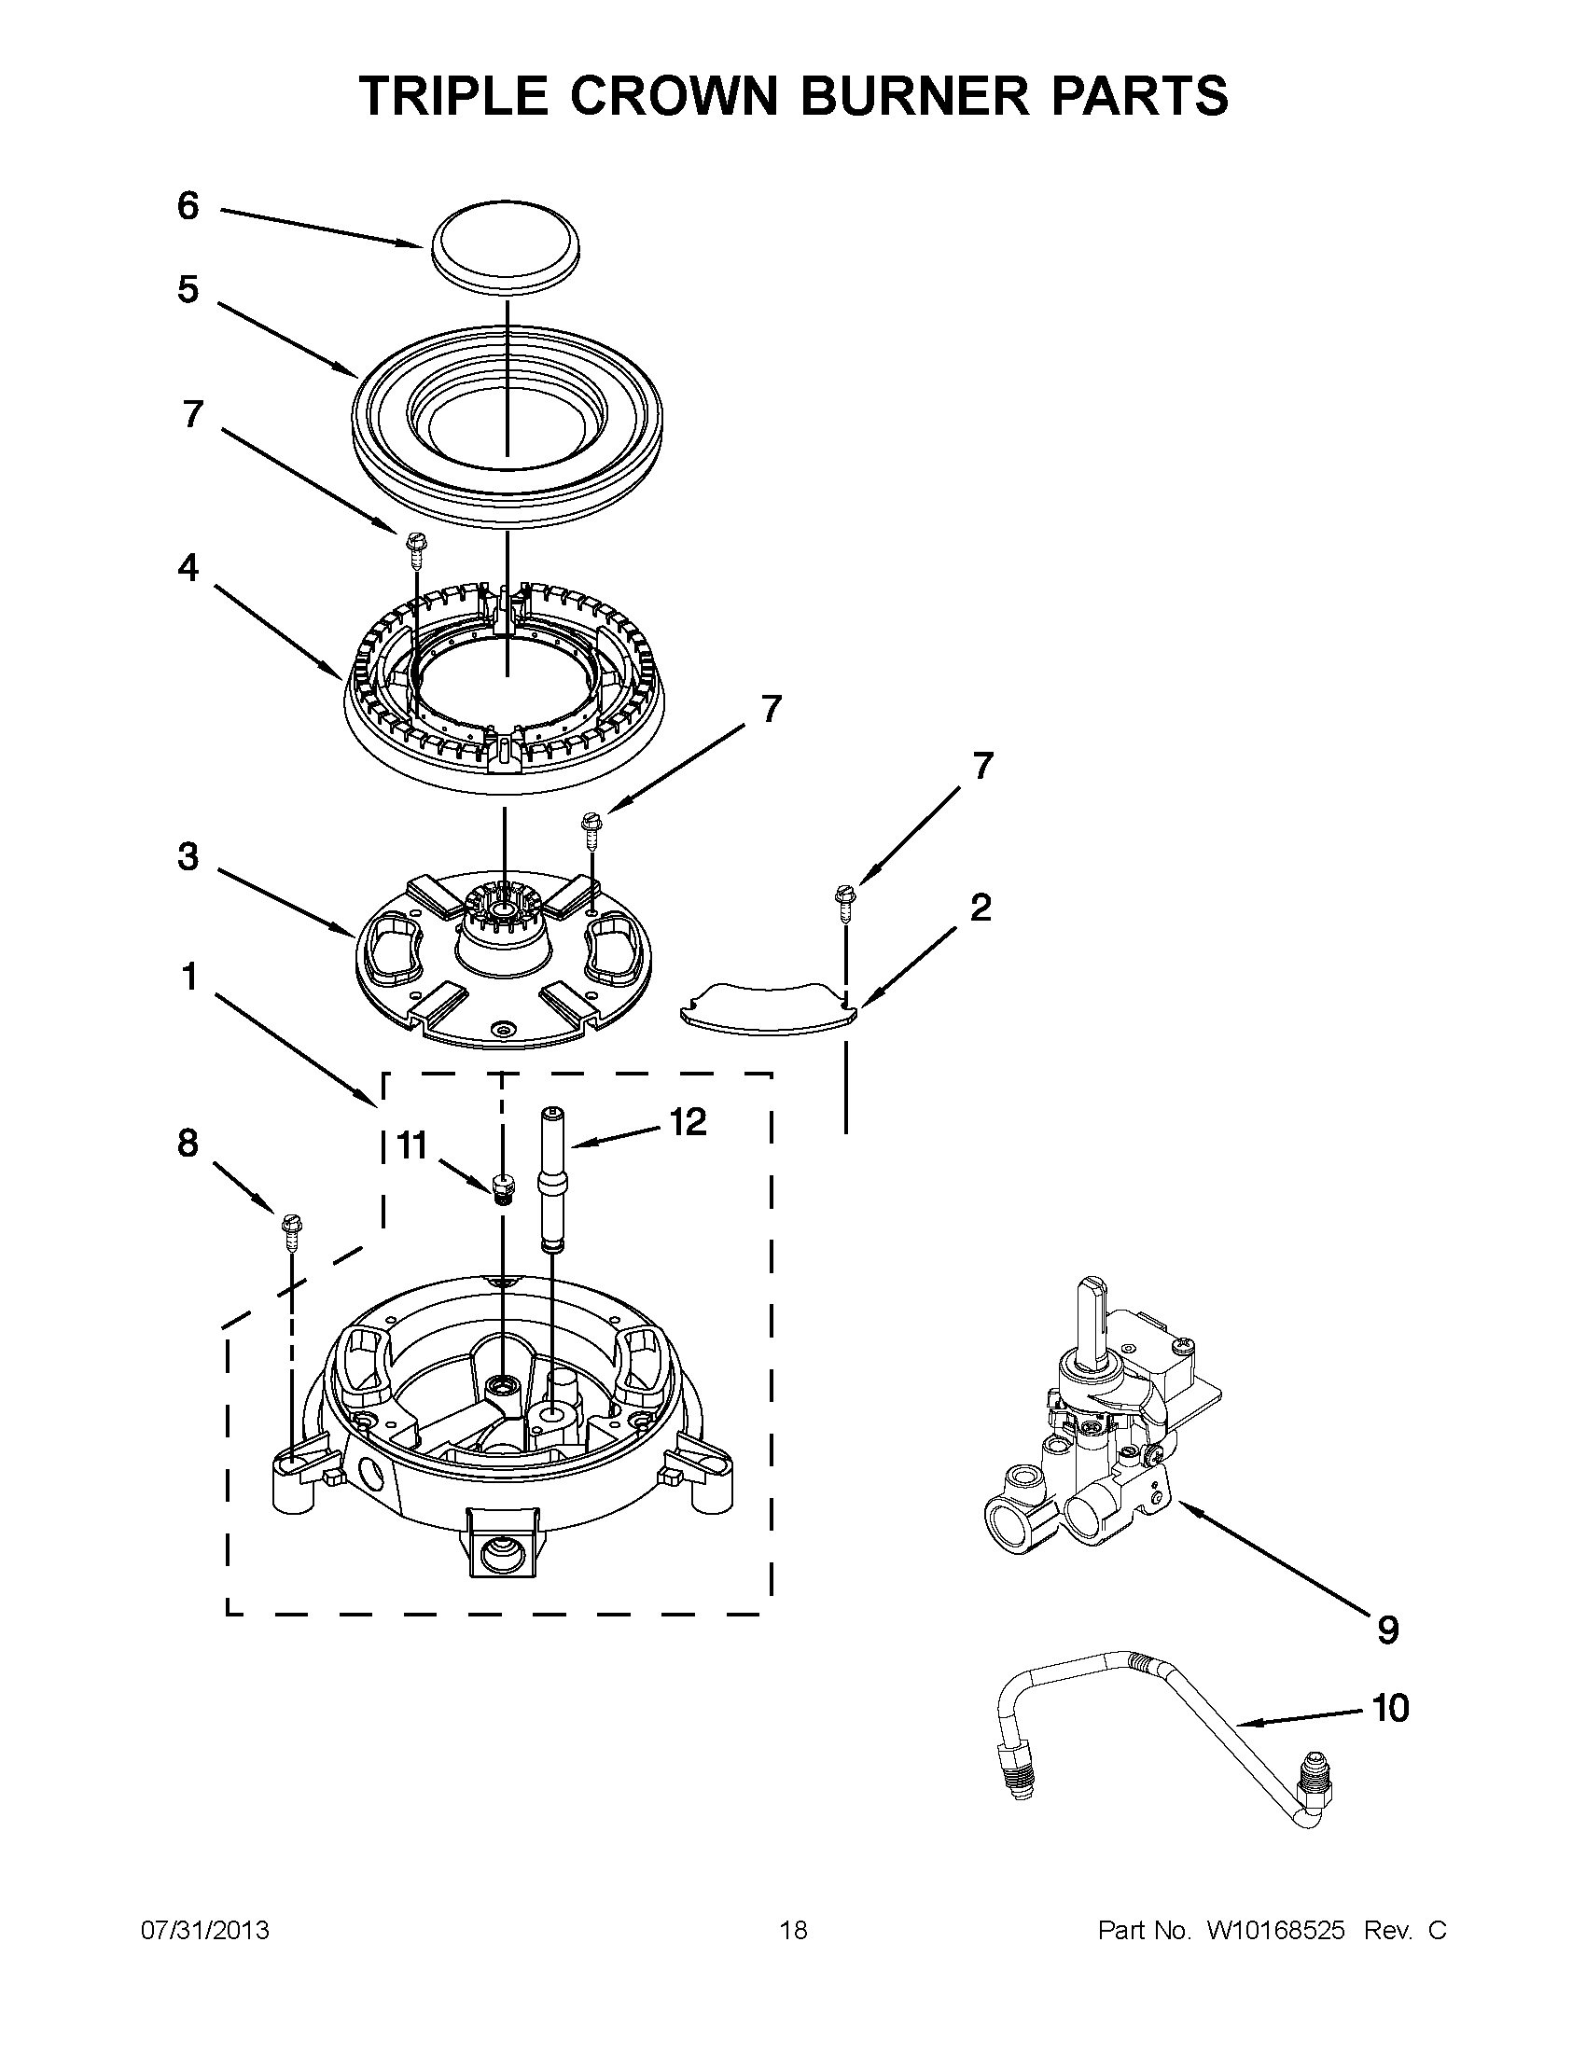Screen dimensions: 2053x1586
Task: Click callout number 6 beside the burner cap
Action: [x=188, y=206]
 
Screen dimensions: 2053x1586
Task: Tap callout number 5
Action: [x=188, y=289]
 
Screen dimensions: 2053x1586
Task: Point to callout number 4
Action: [x=188, y=568]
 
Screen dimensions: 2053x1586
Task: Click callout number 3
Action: [x=188, y=857]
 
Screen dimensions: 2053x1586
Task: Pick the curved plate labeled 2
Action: [x=767, y=1007]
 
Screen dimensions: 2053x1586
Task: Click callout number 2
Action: [x=980, y=909]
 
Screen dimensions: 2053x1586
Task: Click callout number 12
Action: [x=689, y=1121]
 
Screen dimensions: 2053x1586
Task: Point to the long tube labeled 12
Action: [x=551, y=1181]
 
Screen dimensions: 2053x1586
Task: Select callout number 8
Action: [x=188, y=1143]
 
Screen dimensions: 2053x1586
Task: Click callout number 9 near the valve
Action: [x=1387, y=1630]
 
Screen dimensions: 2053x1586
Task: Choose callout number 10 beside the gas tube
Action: [x=1390, y=1709]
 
